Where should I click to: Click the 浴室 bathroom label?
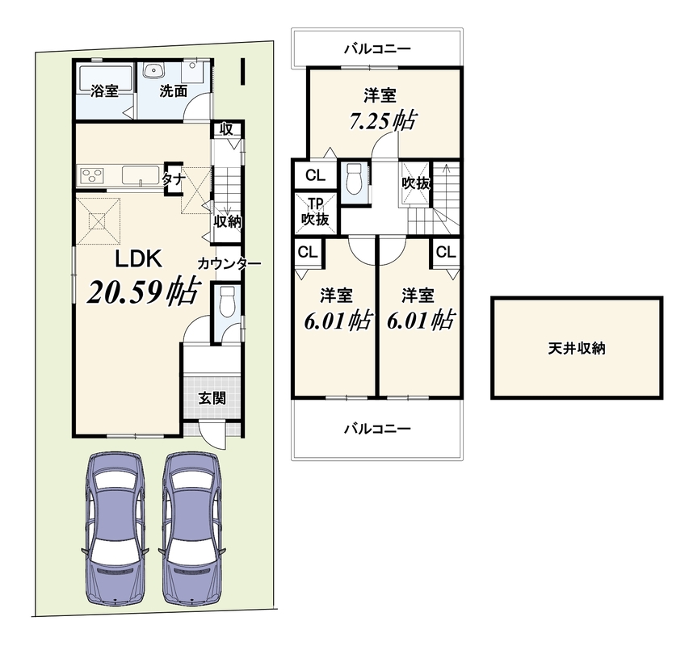point(104,91)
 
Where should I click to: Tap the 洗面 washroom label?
point(173,91)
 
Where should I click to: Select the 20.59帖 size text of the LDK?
point(142,291)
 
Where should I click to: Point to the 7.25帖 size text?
point(383,120)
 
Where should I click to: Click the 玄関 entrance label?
point(212,398)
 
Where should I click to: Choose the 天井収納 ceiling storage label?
point(577,349)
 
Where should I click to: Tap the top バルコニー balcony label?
point(377,48)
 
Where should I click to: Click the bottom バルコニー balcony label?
point(377,429)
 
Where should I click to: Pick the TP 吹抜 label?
point(315,212)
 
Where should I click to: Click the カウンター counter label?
point(229,264)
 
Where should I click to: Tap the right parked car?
point(192,528)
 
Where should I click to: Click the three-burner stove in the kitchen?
point(92,175)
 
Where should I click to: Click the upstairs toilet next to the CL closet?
point(354,179)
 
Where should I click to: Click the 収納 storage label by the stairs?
point(227,221)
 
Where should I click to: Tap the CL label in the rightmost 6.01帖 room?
point(446,252)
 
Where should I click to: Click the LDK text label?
point(139,259)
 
